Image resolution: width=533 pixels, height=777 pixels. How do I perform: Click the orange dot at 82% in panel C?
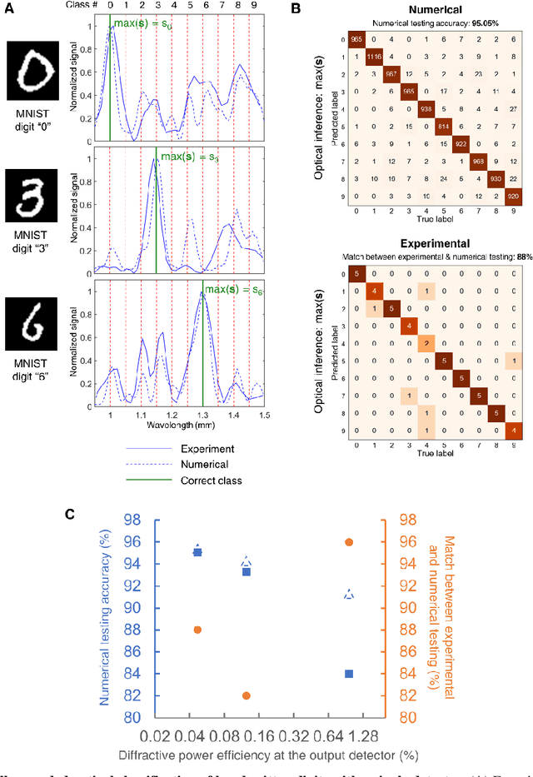[x=247, y=695]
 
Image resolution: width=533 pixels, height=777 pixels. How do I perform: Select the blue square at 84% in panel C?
[x=349, y=674]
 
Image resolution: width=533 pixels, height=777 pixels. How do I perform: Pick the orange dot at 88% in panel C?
[x=197, y=630]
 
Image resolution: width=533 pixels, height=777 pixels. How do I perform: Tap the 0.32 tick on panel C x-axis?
[x=299, y=735]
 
